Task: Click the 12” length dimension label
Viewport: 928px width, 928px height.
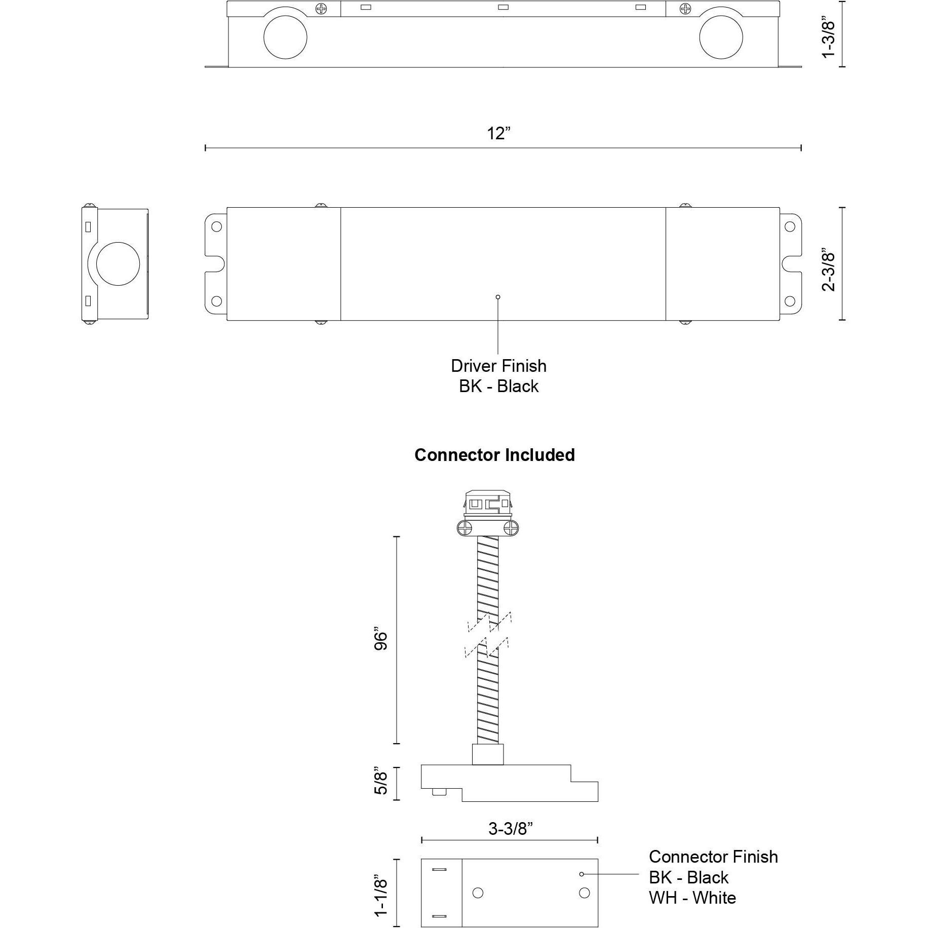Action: click(498, 134)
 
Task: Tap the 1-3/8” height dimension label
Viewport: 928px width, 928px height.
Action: click(829, 40)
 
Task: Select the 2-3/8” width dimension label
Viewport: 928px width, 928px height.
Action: click(829, 269)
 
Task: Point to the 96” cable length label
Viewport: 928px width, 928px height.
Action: click(381, 640)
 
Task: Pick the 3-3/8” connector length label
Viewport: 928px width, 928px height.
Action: click(511, 829)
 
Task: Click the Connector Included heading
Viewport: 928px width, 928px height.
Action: click(494, 455)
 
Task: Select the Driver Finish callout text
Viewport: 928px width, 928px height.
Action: click(498, 366)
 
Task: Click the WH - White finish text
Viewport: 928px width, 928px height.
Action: click(692, 898)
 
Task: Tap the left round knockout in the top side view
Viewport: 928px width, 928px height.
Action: click(285, 37)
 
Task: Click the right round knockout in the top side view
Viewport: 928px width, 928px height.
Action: click(721, 37)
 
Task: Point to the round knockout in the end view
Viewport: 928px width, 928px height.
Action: click(118, 264)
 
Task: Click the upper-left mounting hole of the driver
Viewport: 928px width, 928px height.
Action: click(216, 226)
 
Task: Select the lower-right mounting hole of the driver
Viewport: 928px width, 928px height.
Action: click(789, 301)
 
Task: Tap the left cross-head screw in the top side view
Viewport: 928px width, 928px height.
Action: click(321, 9)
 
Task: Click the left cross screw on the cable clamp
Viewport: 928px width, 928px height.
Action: click(464, 529)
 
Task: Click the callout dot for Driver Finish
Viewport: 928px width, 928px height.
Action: click(498, 297)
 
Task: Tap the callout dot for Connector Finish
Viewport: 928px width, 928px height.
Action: click(582, 874)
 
